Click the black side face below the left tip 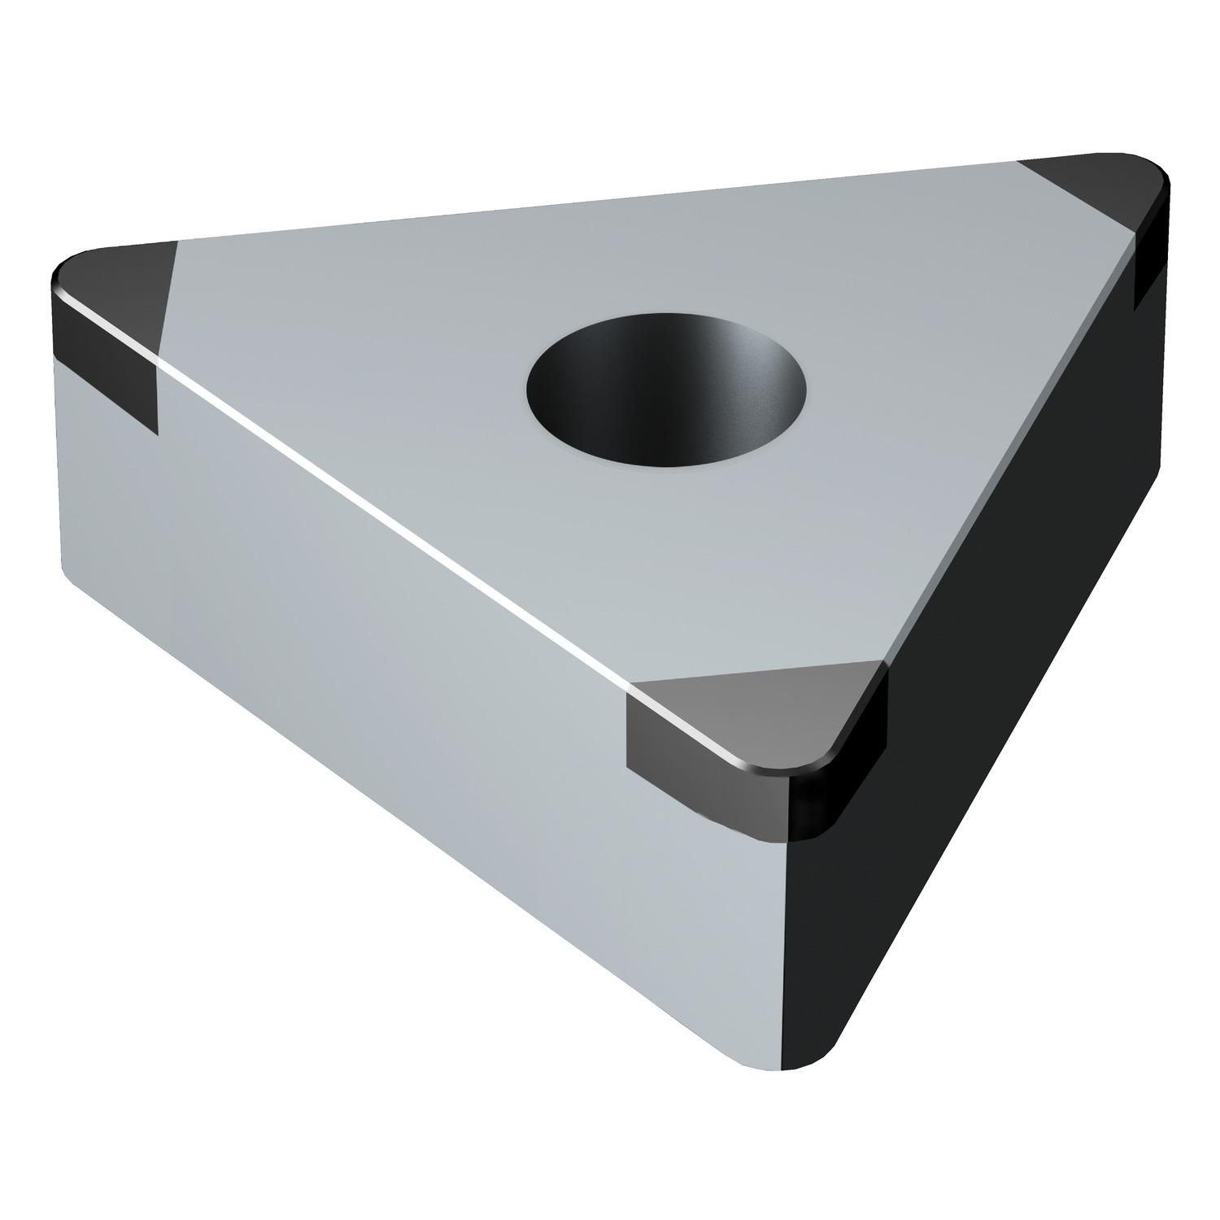[106, 366]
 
